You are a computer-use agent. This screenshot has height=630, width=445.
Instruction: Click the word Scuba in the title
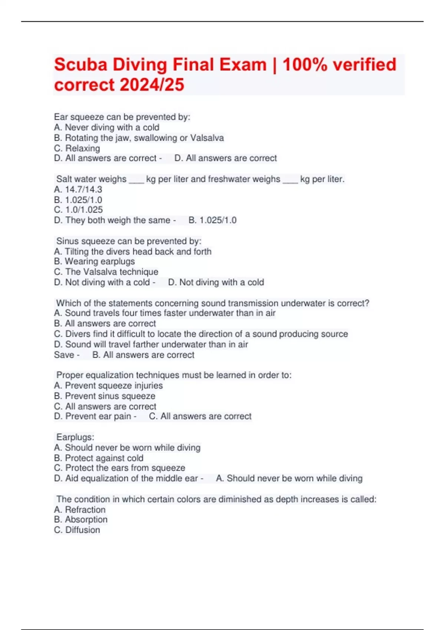click(x=80, y=65)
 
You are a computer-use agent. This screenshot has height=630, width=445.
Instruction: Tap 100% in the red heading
click(x=305, y=65)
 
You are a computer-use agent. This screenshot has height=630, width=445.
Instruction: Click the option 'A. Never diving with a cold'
click(x=107, y=127)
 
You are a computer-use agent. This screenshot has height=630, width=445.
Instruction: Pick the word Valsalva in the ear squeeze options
click(x=207, y=138)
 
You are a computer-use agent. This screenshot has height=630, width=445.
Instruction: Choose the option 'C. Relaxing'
click(x=77, y=148)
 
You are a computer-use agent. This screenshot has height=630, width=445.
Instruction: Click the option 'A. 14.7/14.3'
click(x=78, y=189)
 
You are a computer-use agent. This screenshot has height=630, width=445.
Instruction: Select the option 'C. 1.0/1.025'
click(x=78, y=210)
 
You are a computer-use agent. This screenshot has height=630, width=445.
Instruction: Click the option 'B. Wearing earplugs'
click(x=95, y=262)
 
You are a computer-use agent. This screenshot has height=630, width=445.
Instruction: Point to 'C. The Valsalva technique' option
click(x=106, y=272)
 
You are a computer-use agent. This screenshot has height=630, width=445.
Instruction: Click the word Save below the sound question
click(x=64, y=355)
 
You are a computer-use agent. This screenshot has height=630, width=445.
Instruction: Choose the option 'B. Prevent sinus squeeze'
click(x=105, y=396)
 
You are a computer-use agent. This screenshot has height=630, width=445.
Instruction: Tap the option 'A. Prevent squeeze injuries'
click(x=108, y=385)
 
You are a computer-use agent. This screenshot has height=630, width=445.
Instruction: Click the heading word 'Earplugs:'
click(x=75, y=437)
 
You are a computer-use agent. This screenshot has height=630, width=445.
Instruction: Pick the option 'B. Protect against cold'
click(x=99, y=458)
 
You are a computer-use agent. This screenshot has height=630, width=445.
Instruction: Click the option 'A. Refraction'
click(x=80, y=510)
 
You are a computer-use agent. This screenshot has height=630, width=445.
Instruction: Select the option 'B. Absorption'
click(x=81, y=520)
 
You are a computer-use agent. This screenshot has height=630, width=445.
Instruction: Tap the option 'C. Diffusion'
click(x=77, y=530)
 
